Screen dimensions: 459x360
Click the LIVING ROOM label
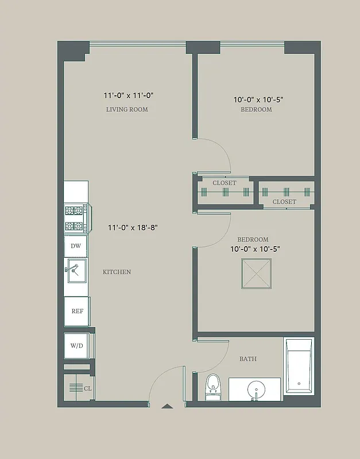point(127,109)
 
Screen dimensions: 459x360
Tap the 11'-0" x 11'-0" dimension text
point(129,95)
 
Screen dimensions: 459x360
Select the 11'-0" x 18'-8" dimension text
point(133,227)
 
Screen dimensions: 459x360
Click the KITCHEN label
point(117,272)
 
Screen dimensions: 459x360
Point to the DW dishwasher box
point(75,246)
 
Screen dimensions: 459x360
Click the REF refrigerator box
point(77,311)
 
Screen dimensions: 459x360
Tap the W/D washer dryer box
point(76,345)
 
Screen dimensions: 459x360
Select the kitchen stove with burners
point(75,218)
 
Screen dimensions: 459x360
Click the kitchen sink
point(77,270)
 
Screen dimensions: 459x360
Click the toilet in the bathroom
point(213,386)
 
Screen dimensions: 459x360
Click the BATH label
point(247,359)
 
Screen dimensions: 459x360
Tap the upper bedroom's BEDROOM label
point(256,109)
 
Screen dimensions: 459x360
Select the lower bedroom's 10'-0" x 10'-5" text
point(256,249)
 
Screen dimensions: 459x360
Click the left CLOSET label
point(224,183)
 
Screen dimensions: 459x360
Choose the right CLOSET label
point(284,202)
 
